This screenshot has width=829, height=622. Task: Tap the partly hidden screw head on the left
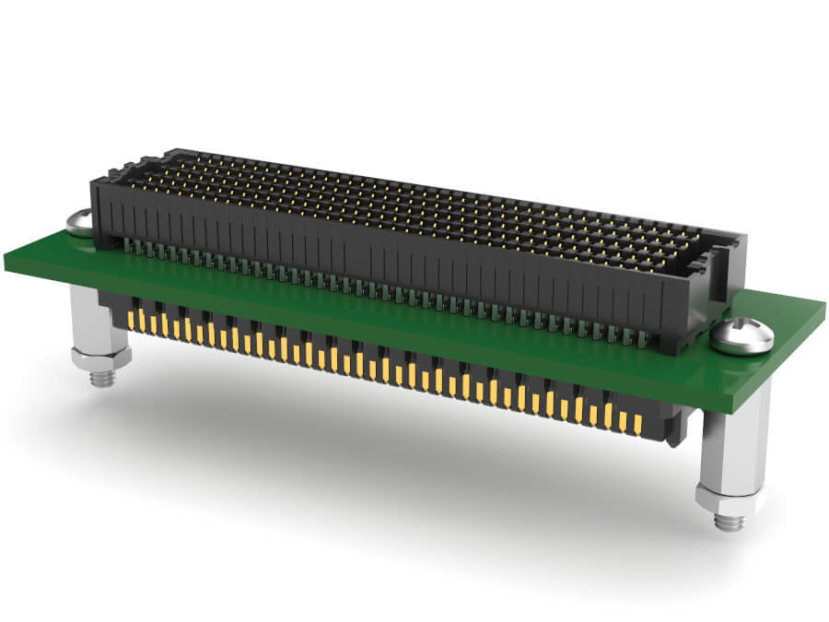click(x=78, y=222)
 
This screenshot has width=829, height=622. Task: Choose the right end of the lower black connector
click(x=678, y=426)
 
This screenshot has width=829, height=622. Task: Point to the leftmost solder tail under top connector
click(x=127, y=244)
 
